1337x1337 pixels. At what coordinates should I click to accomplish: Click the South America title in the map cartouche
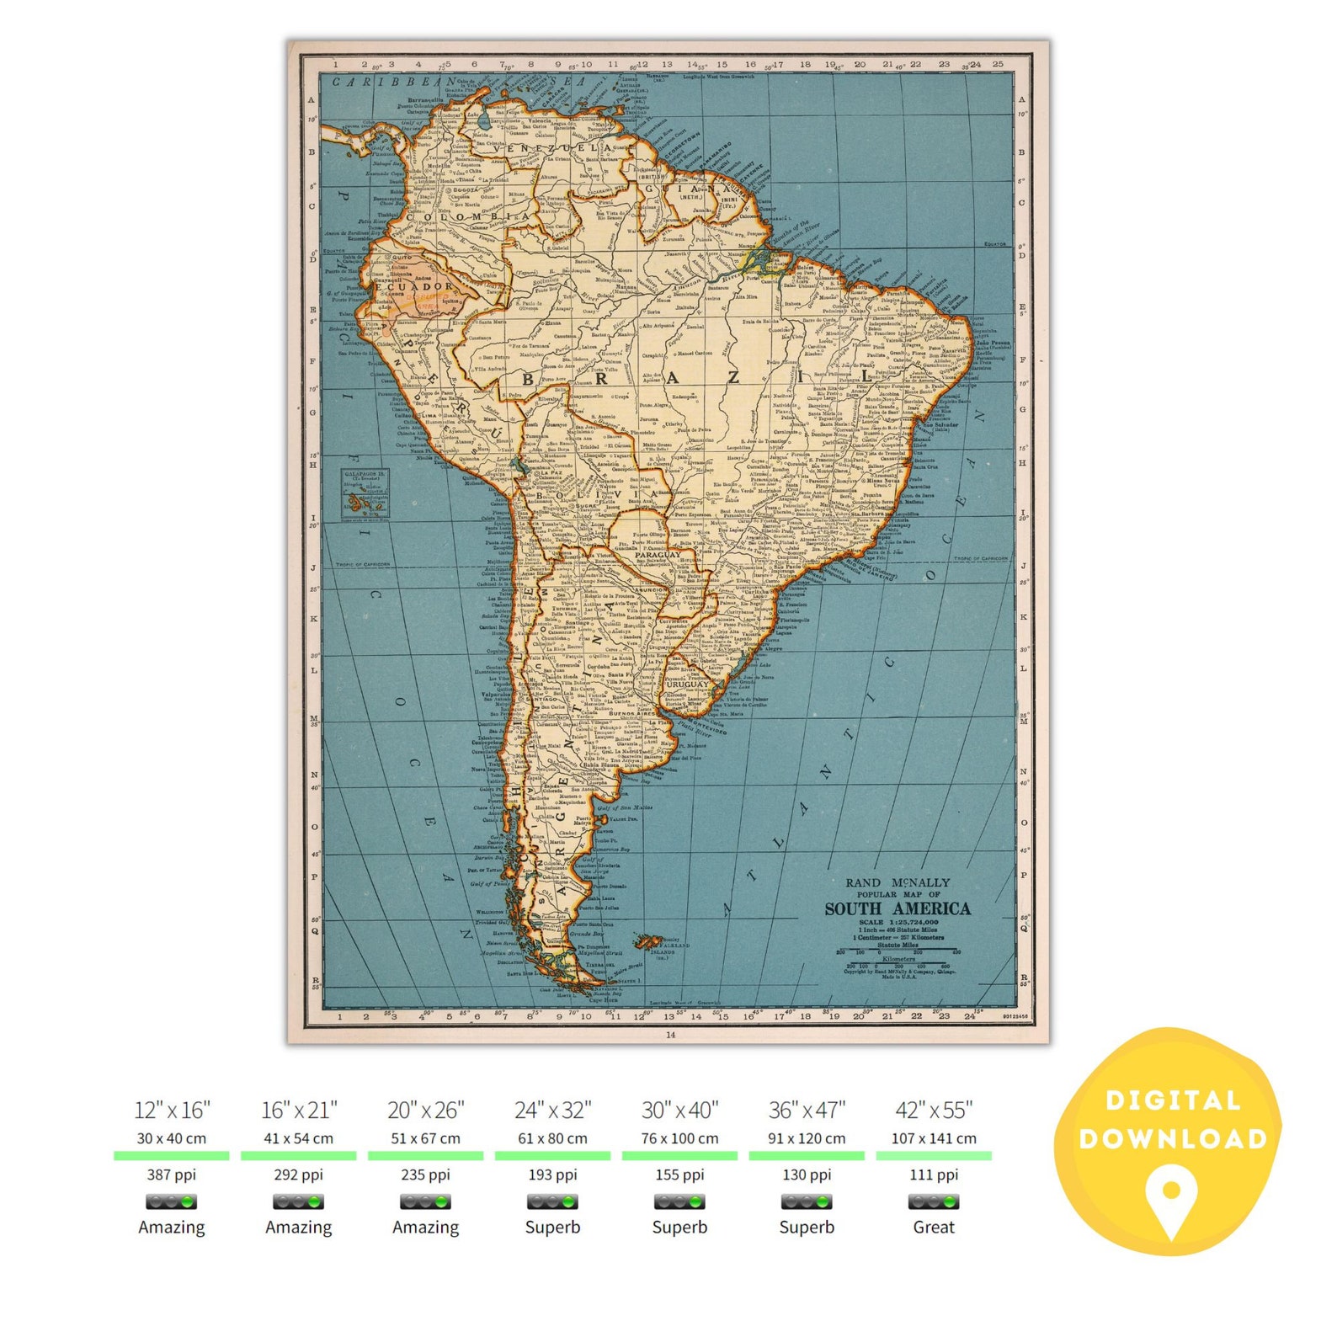tap(898, 908)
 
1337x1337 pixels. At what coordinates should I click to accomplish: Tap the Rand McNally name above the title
tap(898, 882)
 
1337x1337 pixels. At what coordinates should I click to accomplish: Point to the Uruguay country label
tap(687, 684)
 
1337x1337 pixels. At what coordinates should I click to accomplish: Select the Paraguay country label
tap(658, 555)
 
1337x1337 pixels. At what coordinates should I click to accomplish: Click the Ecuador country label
tap(414, 286)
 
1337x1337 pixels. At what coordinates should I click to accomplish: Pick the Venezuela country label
tap(559, 148)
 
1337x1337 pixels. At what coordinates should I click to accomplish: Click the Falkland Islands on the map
tap(649, 940)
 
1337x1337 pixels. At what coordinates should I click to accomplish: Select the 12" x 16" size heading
tap(172, 1110)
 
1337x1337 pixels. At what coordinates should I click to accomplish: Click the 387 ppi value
tap(172, 1175)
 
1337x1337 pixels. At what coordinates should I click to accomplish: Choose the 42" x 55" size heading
tap(934, 1110)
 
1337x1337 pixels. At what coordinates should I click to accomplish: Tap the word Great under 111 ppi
tap(934, 1227)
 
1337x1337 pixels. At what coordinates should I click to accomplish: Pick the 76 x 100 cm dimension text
tap(679, 1138)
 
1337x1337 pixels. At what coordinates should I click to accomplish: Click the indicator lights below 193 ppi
tap(552, 1201)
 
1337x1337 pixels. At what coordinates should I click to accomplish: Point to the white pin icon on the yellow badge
tap(1171, 1196)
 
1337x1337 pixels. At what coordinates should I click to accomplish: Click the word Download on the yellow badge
tap(1173, 1138)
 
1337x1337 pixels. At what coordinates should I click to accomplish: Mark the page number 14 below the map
tap(670, 1034)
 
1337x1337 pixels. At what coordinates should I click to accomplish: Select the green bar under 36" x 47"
tap(807, 1156)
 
